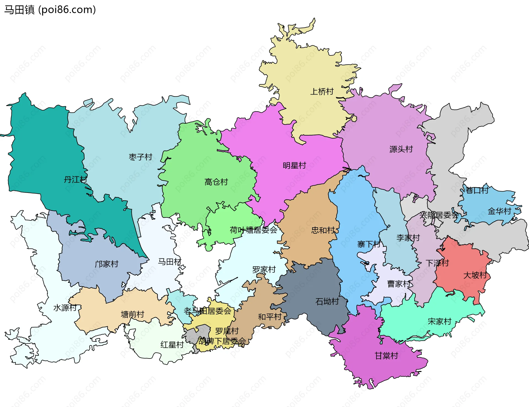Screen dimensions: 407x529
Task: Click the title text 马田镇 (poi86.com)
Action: click(50, 10)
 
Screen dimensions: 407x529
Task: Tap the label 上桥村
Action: click(322, 91)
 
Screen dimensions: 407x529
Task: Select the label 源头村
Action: click(401, 149)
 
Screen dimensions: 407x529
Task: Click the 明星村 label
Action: click(294, 166)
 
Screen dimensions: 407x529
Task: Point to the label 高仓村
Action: click(216, 182)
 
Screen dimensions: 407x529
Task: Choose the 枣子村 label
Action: click(141, 157)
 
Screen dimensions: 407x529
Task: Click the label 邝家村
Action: click(106, 264)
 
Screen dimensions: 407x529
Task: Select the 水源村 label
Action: click(65, 308)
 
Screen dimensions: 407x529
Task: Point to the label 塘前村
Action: click(132, 314)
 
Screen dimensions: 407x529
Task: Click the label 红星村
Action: click(172, 345)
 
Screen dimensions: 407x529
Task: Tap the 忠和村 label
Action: click(323, 230)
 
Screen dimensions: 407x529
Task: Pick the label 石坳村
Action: click(327, 301)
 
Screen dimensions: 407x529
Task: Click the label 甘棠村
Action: click(386, 356)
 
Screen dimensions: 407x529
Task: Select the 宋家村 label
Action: click(439, 321)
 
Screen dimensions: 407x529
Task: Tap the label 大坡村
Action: click(475, 275)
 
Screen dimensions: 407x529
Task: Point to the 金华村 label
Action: click(499, 211)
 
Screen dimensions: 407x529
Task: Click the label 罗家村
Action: click(264, 269)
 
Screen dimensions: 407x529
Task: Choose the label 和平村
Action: click(269, 317)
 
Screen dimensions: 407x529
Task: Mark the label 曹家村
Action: click(399, 284)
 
